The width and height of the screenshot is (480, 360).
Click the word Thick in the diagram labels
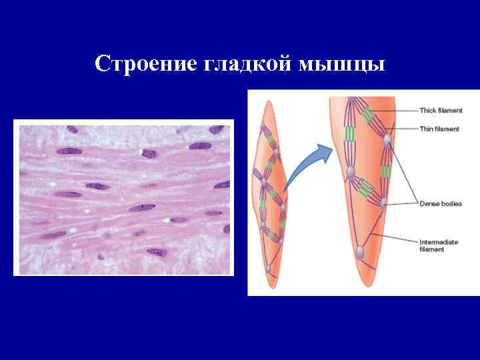[x=427, y=110]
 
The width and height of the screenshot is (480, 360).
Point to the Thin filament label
[x=439, y=129]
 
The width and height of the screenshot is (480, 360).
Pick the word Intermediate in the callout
[x=439, y=242]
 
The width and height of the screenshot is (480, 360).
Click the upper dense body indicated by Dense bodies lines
[x=387, y=139]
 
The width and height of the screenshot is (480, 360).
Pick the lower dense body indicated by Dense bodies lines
[x=383, y=202]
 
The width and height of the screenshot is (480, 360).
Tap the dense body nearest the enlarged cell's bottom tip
[x=360, y=253]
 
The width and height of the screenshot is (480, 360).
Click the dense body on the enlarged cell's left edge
[x=350, y=175]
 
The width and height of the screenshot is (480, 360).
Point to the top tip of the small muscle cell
[x=269, y=102]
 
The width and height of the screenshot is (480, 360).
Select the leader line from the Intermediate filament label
[x=393, y=239]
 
